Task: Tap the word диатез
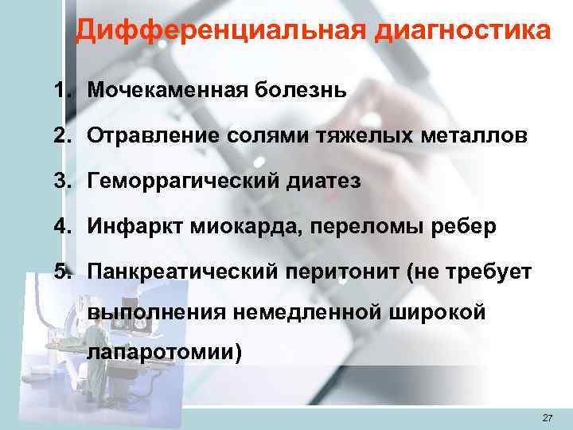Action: pos(327,182)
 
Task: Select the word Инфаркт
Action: pos(137,228)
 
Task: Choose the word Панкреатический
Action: pos(181,274)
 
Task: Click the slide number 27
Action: pos(546,418)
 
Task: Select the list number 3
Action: pos(61,182)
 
